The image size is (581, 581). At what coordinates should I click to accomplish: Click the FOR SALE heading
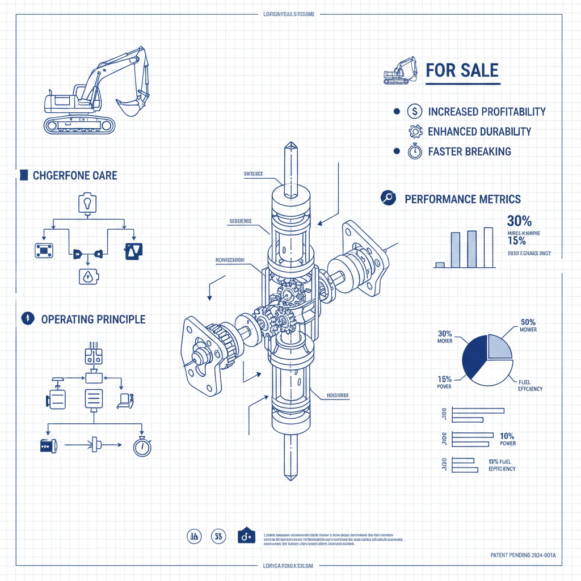(462, 70)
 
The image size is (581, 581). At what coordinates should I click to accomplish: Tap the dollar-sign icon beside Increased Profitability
(415, 112)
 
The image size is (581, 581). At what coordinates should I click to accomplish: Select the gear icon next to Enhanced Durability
(415, 132)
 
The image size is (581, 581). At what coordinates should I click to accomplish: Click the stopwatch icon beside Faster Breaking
(415, 151)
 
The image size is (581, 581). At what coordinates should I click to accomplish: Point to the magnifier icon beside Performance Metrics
(388, 198)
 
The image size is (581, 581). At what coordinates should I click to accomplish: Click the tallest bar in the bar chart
(488, 247)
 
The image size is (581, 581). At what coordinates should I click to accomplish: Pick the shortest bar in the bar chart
(440, 264)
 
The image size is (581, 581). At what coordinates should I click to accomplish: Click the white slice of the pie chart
(491, 372)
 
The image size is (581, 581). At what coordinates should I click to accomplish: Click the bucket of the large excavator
(129, 106)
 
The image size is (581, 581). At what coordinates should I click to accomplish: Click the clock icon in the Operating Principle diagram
(142, 447)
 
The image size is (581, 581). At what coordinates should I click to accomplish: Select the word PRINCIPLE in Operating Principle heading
(121, 319)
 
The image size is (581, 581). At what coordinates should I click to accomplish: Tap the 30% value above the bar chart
(519, 221)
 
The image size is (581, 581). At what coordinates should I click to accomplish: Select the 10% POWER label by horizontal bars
(507, 439)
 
